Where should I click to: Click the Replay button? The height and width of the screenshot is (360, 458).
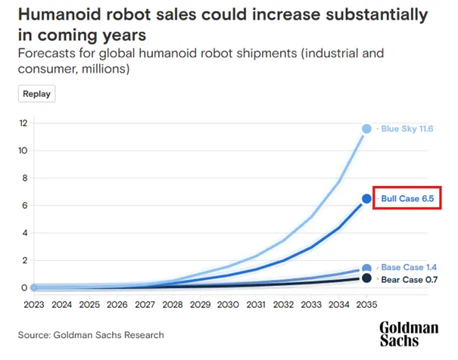(x=37, y=94)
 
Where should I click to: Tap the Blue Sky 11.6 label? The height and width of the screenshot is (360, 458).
(x=407, y=129)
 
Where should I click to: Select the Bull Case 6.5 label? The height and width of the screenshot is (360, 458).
(x=407, y=198)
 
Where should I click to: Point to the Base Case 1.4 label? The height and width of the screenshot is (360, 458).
(x=409, y=267)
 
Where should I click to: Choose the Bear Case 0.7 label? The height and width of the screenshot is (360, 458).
(x=410, y=280)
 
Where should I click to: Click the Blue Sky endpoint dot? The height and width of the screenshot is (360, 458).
(x=366, y=129)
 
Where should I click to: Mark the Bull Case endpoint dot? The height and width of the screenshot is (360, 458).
(x=366, y=199)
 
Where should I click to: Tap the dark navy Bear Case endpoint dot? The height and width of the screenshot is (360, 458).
(x=366, y=278)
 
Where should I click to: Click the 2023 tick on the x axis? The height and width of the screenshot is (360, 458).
(x=34, y=305)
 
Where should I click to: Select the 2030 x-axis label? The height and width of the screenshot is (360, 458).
(x=228, y=305)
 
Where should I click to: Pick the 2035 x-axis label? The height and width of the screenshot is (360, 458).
(x=366, y=305)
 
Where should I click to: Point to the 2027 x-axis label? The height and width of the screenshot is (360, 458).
(x=145, y=305)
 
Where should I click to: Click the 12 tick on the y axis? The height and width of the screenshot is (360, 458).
(x=23, y=123)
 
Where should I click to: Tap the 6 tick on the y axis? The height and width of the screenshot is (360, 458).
(x=25, y=206)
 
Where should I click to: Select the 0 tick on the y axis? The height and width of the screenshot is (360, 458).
(x=24, y=287)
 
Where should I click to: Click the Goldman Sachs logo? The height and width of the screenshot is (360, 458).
(x=409, y=334)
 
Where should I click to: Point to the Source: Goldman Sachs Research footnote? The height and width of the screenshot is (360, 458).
(x=91, y=335)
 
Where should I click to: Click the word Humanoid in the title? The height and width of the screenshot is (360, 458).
(x=60, y=14)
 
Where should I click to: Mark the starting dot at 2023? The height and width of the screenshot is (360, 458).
(x=34, y=287)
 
